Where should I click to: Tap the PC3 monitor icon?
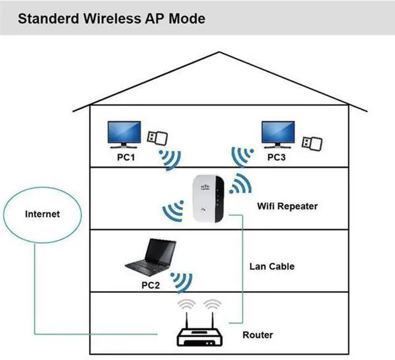coord(278,133)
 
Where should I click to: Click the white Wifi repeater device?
coord(207,199)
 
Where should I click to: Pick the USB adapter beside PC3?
coord(310,141)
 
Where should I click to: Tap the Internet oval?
coord(42,215)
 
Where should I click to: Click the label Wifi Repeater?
coord(287,206)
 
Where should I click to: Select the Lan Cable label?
coord(272,266)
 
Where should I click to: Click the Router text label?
coord(257,335)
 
